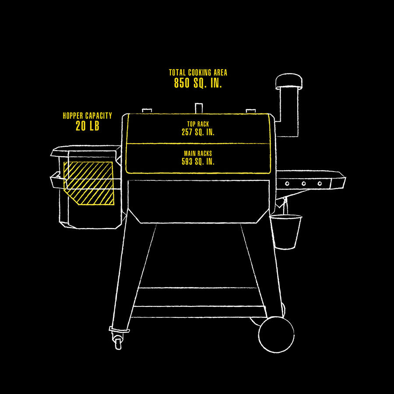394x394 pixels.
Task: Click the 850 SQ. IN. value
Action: [198, 83]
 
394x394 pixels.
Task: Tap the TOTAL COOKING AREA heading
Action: [198, 72]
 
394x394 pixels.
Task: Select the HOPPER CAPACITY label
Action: [87, 116]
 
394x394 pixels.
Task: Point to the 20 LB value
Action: [87, 126]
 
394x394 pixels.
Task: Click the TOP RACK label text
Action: [198, 124]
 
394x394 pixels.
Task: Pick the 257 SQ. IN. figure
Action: [198, 132]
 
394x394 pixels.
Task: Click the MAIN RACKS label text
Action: [198, 154]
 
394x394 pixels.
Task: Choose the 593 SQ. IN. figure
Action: [198, 162]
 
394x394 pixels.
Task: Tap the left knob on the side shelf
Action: [288, 183]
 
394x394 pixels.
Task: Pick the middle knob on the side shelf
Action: [303, 183]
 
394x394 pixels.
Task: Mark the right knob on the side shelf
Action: [320, 183]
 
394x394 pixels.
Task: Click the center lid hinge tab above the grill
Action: [198, 108]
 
